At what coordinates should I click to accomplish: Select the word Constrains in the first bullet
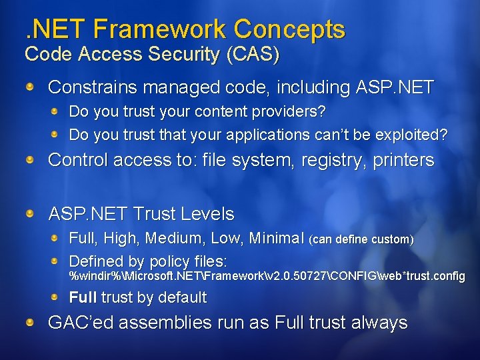(93, 87)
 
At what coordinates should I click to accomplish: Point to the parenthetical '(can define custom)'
(362, 239)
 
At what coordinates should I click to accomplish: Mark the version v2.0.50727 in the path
(290, 276)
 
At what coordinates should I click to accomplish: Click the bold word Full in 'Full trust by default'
(83, 298)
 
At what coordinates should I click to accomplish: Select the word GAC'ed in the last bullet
(75, 323)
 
